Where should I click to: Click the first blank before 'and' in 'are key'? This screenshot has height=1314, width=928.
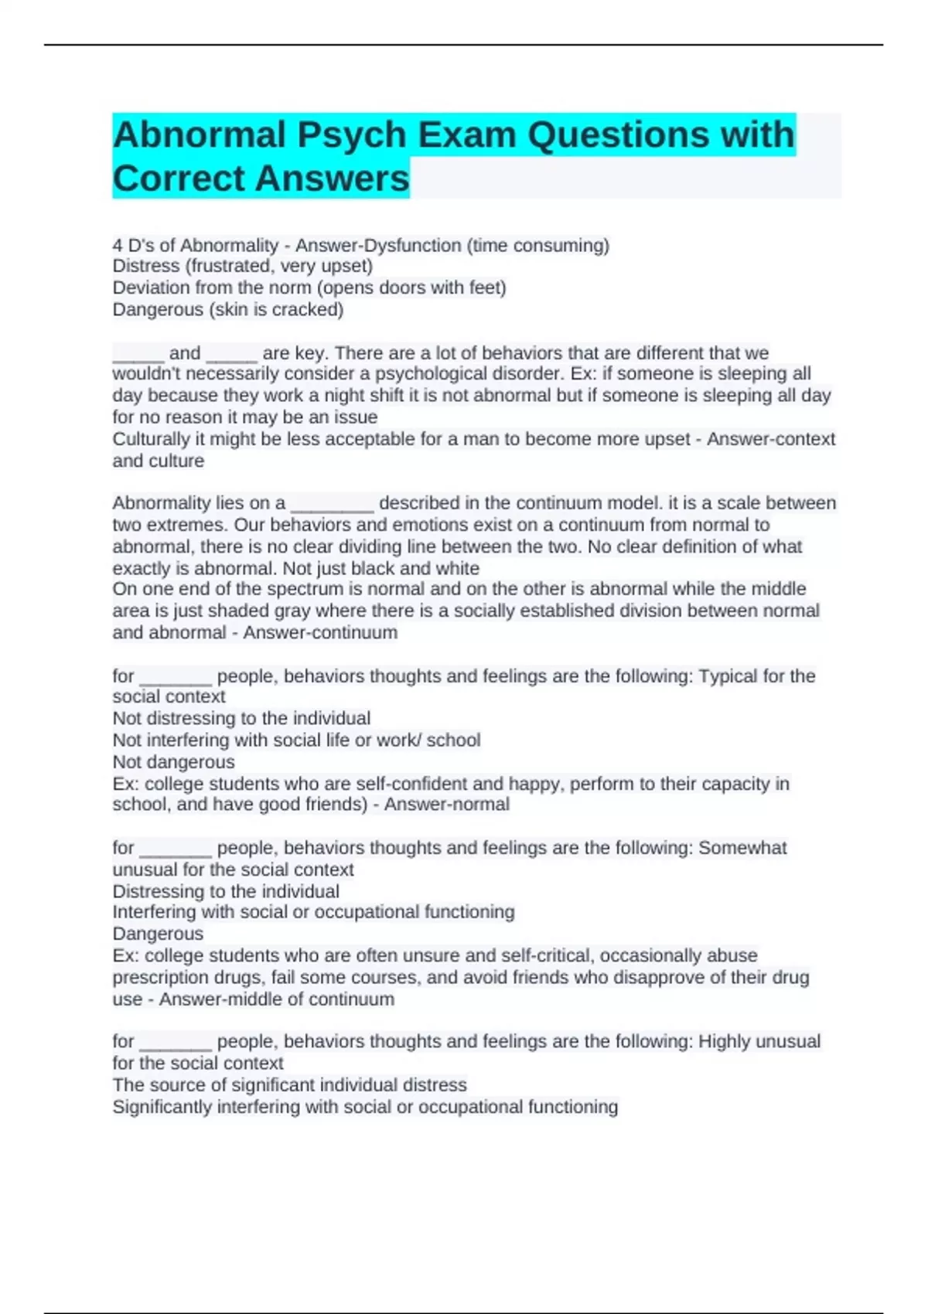click(x=138, y=354)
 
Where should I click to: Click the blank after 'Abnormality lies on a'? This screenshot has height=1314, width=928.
click(x=332, y=504)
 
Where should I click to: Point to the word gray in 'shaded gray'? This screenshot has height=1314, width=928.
click(x=292, y=611)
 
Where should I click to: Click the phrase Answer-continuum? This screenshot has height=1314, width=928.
click(x=320, y=632)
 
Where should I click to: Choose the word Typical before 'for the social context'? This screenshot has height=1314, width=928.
click(x=728, y=676)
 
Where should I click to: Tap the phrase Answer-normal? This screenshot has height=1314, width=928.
click(x=446, y=805)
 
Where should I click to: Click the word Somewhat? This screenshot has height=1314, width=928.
click(x=742, y=848)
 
